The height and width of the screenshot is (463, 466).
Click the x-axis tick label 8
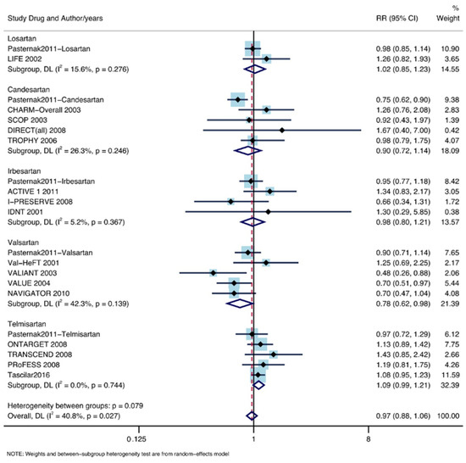coord(368,440)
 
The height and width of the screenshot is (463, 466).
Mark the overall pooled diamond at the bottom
coord(251,416)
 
